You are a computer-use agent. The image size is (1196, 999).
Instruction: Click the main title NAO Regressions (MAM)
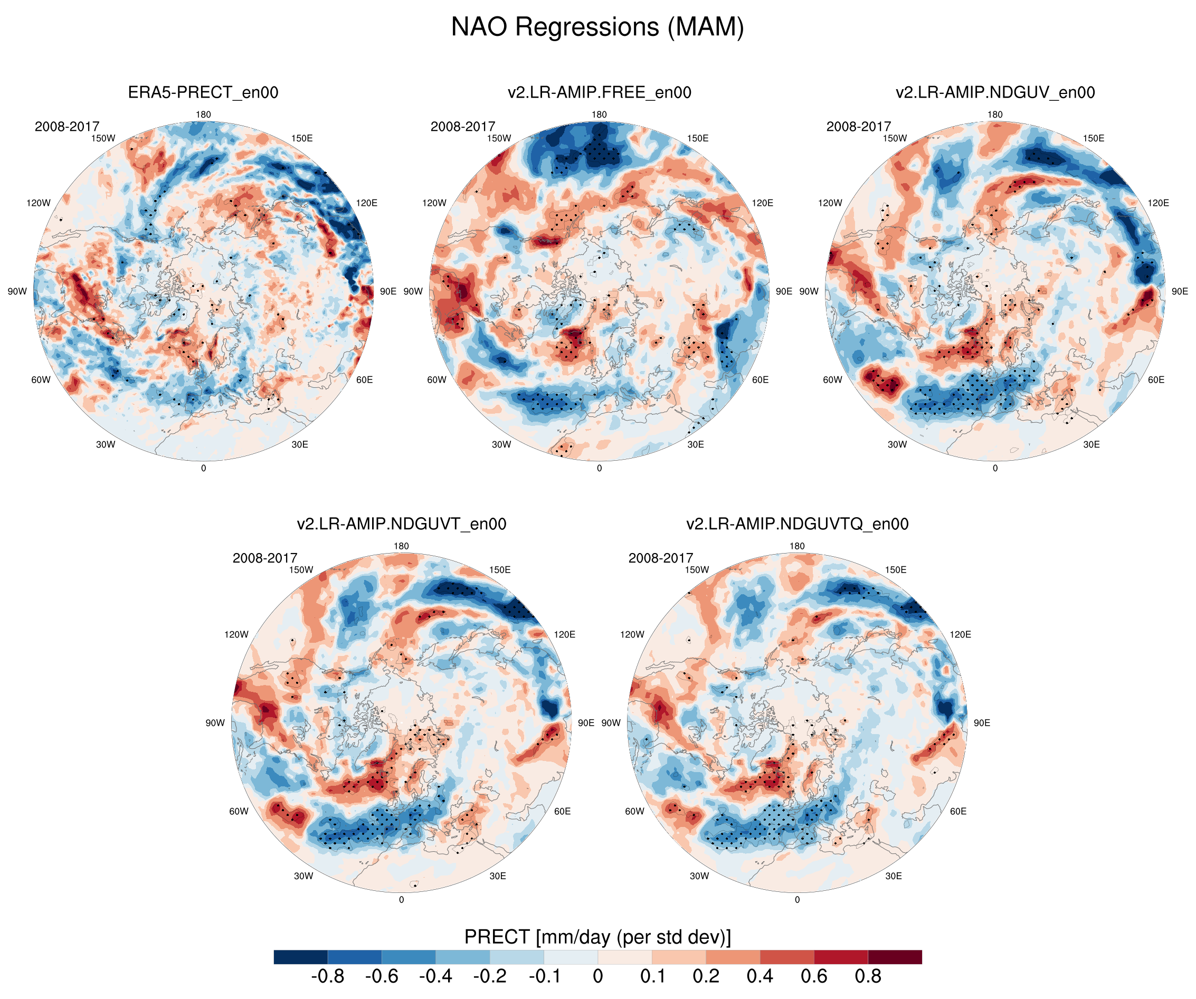[x=597, y=27]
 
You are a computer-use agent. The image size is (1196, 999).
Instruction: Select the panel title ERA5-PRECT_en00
[x=203, y=92]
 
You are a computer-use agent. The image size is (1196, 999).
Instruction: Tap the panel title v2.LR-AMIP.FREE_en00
[x=599, y=92]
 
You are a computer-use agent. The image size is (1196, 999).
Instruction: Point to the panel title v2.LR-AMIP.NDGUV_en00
[x=995, y=92]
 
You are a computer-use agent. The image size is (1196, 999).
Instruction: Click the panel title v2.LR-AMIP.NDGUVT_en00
[x=401, y=524]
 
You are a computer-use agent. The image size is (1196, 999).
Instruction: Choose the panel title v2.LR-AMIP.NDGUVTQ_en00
[x=797, y=524]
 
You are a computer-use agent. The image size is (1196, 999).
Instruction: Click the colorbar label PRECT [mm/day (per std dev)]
[x=597, y=937]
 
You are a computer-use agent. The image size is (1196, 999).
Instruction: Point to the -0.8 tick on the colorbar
[x=327, y=976]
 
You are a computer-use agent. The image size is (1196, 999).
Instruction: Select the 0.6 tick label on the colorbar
[x=814, y=976]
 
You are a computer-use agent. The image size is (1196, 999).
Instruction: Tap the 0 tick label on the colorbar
[x=597, y=976]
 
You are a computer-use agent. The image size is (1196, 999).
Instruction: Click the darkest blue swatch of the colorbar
[x=300, y=957]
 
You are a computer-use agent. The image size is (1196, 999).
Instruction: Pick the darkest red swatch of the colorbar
[x=895, y=957]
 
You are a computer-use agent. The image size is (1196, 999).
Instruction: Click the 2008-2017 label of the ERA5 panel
[x=67, y=127]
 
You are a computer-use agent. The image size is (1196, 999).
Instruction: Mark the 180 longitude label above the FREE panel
[x=599, y=115]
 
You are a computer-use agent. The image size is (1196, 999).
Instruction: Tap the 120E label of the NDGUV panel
[x=1158, y=203]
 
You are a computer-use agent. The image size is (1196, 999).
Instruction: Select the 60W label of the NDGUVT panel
[x=239, y=811]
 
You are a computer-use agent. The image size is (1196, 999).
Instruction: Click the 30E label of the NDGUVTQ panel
[x=893, y=876]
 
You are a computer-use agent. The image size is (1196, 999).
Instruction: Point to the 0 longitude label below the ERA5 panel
[x=203, y=468]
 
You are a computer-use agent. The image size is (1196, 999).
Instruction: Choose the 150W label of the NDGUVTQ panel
[x=697, y=569]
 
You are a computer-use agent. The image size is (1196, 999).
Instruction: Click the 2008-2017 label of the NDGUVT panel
[x=265, y=558]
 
